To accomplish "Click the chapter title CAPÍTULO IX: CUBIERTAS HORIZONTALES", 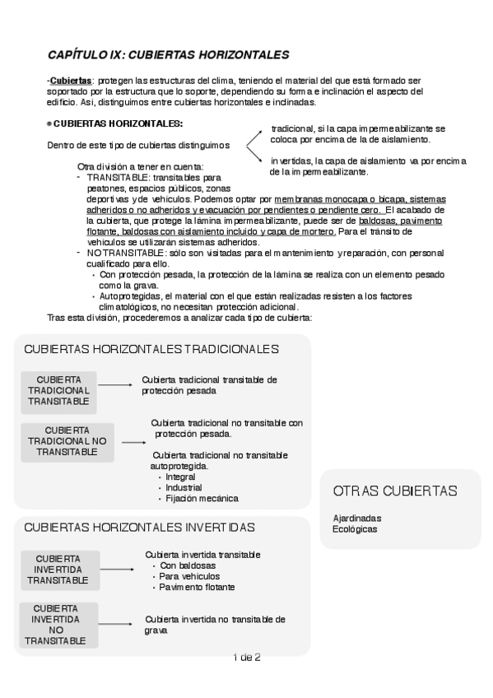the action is pyautogui.click(x=168, y=55).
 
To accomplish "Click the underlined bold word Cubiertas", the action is pyautogui.click(x=70, y=81).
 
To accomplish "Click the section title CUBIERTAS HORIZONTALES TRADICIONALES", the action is pyautogui.click(x=152, y=349).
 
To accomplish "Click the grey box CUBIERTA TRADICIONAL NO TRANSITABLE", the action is pyautogui.click(x=67, y=441).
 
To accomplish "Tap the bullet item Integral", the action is pyautogui.click(x=180, y=477).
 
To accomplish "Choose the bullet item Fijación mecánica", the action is pyautogui.click(x=202, y=498).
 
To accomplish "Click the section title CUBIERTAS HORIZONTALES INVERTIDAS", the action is pyautogui.click(x=140, y=527).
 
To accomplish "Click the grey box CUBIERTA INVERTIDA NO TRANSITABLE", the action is pyautogui.click(x=55, y=624).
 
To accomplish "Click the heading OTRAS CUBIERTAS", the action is pyautogui.click(x=395, y=491).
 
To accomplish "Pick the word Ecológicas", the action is pyautogui.click(x=355, y=529).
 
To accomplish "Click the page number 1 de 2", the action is pyautogui.click(x=247, y=657).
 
